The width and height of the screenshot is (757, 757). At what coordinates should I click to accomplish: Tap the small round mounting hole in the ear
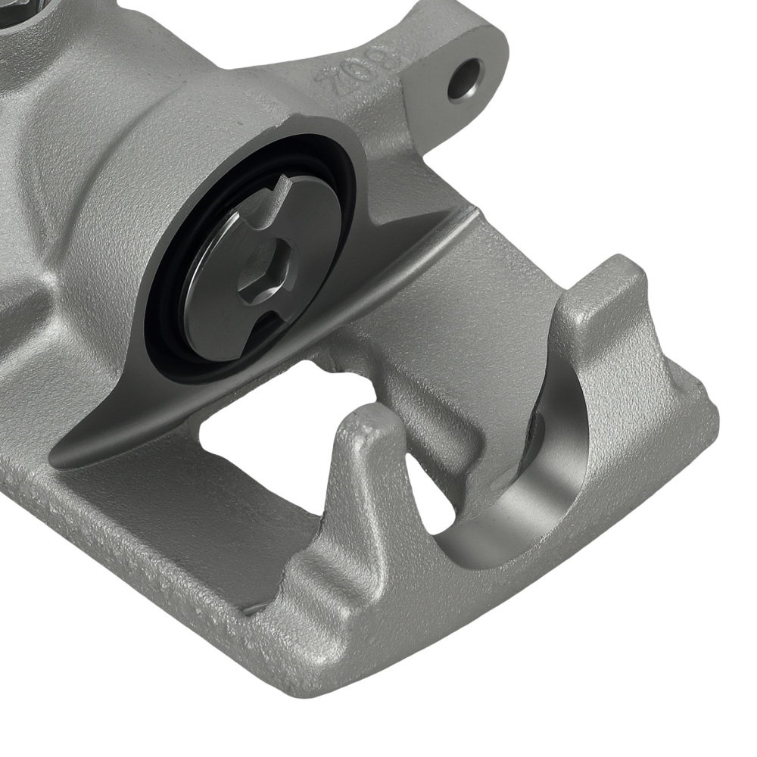coord(465,79)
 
